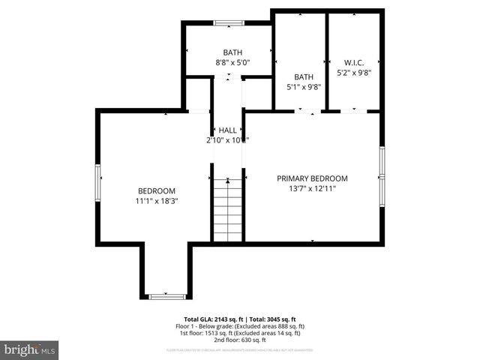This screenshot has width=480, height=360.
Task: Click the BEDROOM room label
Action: (x=156, y=190)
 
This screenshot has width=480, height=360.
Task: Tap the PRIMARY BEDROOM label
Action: (x=312, y=178)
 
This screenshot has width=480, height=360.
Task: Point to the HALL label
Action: (x=227, y=130)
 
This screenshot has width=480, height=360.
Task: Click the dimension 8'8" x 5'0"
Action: (x=232, y=63)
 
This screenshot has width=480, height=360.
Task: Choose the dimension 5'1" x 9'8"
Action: (x=304, y=87)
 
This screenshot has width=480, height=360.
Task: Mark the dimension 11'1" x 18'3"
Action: (x=156, y=201)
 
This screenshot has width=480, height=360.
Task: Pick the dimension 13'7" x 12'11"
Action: (x=312, y=189)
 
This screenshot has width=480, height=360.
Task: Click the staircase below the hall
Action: (x=227, y=210)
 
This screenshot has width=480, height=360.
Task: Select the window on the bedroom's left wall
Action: (x=97, y=183)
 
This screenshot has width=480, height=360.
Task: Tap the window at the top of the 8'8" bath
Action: (x=227, y=23)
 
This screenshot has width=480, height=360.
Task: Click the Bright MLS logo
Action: (x=30, y=349)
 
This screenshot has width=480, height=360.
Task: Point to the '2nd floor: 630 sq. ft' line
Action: (x=240, y=339)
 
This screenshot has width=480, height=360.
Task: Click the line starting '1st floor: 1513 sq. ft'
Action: (x=240, y=332)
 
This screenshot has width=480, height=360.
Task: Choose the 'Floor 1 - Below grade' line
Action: (x=240, y=326)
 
